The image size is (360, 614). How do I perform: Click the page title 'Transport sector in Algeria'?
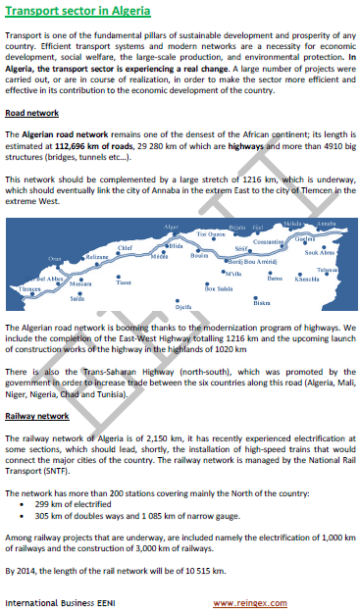coord(77,12)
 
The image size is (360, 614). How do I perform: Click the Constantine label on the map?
coord(268,240)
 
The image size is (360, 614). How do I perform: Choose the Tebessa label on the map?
coord(329,270)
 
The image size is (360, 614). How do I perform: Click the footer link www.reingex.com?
coord(249,600)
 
